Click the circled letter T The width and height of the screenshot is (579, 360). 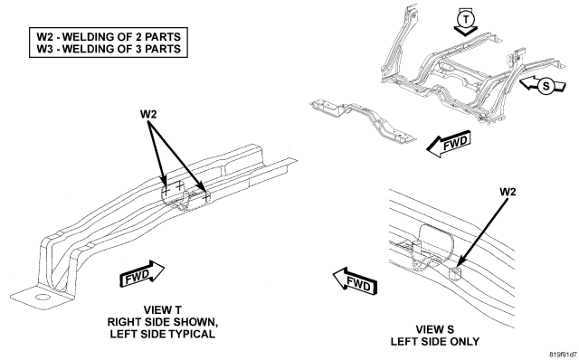[466, 18]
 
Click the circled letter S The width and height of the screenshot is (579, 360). [546, 86]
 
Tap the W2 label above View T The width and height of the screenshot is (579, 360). [148, 114]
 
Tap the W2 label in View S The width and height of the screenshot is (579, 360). [508, 192]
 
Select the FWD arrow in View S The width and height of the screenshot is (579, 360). [356, 282]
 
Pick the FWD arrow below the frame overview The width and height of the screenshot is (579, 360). [449, 143]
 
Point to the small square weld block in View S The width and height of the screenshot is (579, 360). [454, 274]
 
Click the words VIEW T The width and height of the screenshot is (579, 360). [163, 309]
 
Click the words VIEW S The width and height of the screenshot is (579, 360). [435, 329]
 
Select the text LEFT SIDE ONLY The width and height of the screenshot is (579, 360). [435, 342]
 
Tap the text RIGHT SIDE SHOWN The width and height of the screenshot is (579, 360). [163, 322]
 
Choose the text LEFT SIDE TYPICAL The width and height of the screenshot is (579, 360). [163, 334]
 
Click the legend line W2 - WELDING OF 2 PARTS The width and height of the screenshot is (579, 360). [109, 37]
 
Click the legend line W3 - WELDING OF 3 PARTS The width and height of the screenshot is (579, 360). [109, 49]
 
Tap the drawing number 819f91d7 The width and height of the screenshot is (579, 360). [563, 355]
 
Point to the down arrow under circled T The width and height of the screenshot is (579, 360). [466, 31]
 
